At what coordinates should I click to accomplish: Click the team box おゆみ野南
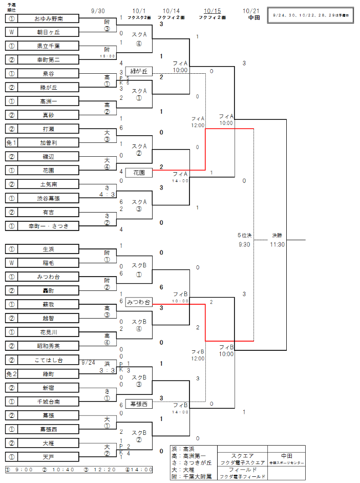click(49, 18)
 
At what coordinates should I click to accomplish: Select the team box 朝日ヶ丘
click(49, 32)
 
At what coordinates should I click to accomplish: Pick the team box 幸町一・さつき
click(49, 226)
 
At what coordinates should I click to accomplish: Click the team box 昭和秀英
click(49, 346)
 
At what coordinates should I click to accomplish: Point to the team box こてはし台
click(49, 360)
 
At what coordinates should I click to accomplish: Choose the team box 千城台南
click(49, 401)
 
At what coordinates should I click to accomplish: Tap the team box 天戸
click(49, 456)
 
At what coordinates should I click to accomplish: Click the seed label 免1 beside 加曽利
click(11, 143)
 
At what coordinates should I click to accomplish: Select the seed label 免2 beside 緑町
click(11, 374)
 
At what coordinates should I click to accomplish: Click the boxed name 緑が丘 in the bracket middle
click(139, 71)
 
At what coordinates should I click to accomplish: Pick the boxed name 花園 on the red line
click(139, 173)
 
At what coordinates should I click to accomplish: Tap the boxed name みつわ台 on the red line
click(139, 302)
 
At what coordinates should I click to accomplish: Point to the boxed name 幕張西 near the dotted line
click(139, 404)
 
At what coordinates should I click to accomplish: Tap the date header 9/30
click(98, 11)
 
